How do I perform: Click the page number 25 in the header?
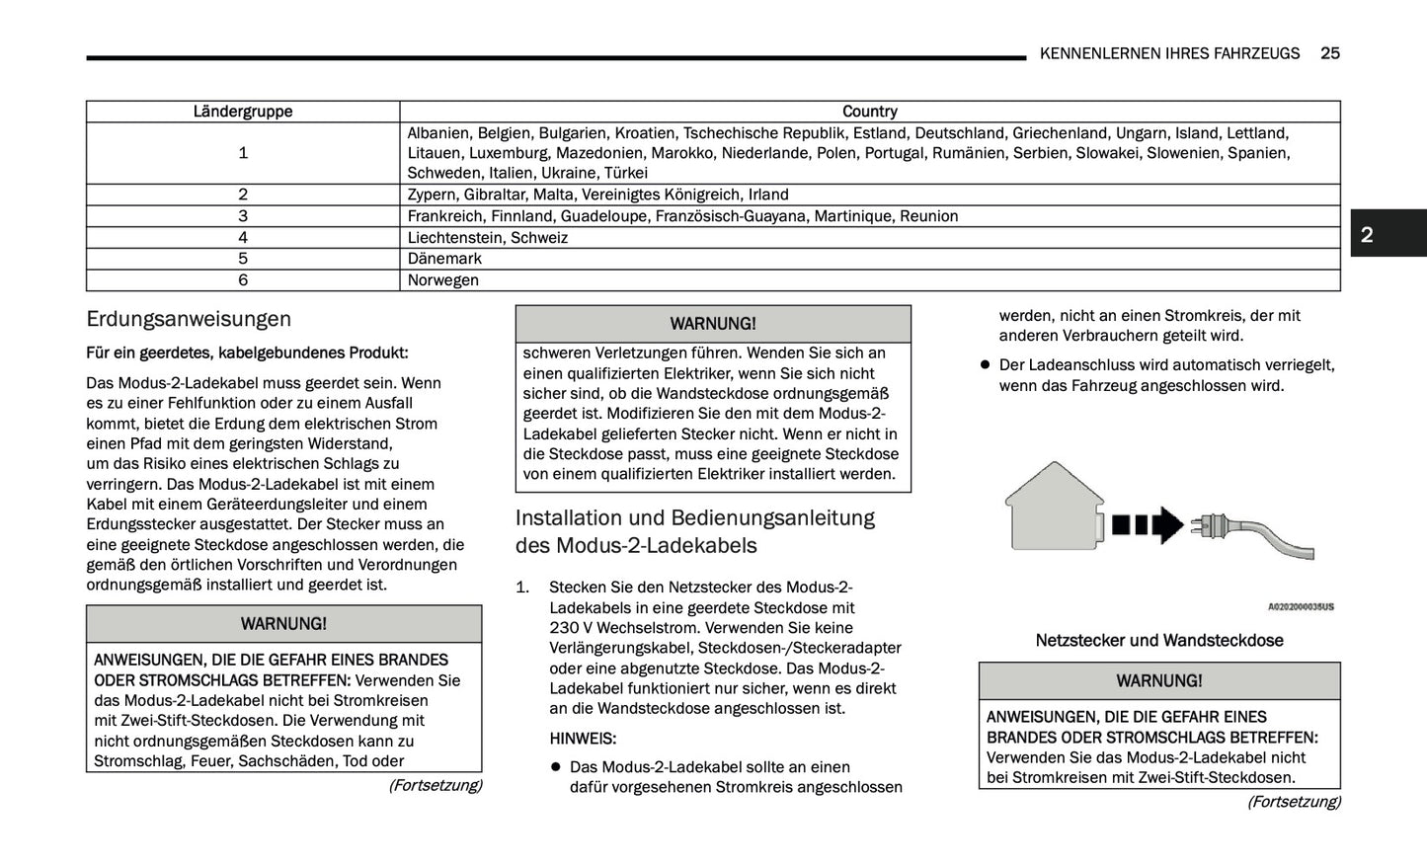[x=1329, y=53]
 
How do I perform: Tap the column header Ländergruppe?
[x=243, y=112]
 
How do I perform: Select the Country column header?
[x=869, y=112]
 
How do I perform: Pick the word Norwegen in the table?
[x=443, y=280]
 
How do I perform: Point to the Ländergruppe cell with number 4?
[x=243, y=238]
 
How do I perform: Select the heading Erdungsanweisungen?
[x=189, y=319]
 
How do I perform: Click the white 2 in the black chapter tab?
[x=1367, y=234]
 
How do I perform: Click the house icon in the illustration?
[x=1054, y=507]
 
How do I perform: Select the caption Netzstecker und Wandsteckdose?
[x=1159, y=640]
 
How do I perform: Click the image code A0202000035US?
[x=1300, y=607]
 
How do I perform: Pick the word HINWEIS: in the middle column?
[x=583, y=739]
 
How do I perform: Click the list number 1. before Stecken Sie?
[x=523, y=588]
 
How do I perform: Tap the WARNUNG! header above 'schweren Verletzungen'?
[x=713, y=324]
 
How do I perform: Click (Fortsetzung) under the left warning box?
[x=435, y=785]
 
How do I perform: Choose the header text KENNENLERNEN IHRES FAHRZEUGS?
[x=1169, y=53]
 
